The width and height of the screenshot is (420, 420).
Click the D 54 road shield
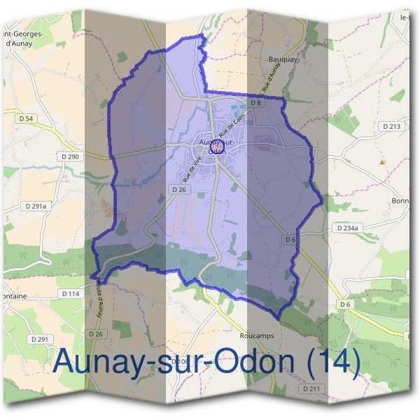coord(26,119)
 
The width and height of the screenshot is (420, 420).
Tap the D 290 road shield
coord(71,157)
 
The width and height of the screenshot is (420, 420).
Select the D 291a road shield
coord(35,206)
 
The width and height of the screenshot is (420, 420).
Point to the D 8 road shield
coord(255,103)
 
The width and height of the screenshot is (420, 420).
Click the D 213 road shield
coord(391,126)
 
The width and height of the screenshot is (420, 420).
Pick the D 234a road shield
coord(347,228)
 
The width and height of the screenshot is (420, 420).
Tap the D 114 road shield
coord(71,293)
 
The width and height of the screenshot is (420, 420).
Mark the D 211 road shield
coord(312,388)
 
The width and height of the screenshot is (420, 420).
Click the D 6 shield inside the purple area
coord(290,239)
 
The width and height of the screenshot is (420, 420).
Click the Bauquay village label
coord(283,59)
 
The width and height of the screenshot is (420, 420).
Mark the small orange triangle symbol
coord(381,162)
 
